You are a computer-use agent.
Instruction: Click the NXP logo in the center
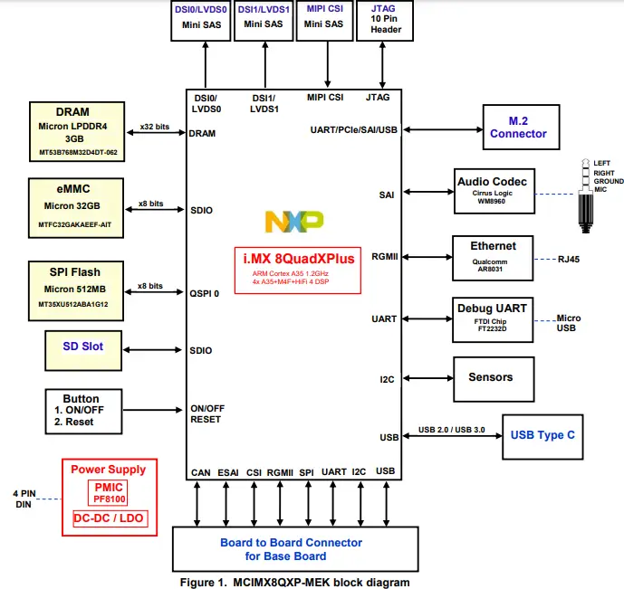pyautogui.click(x=293, y=222)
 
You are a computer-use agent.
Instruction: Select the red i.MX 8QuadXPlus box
pyautogui.click(x=300, y=271)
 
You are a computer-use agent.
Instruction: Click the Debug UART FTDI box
pyautogui.click(x=492, y=319)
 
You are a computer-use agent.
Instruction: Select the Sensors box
pyautogui.click(x=490, y=377)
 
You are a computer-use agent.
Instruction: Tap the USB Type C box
pyautogui.click(x=542, y=435)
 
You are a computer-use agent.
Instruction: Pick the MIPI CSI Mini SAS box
pyautogui.click(x=323, y=20)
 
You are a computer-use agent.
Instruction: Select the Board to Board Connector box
pyautogui.click(x=291, y=548)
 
